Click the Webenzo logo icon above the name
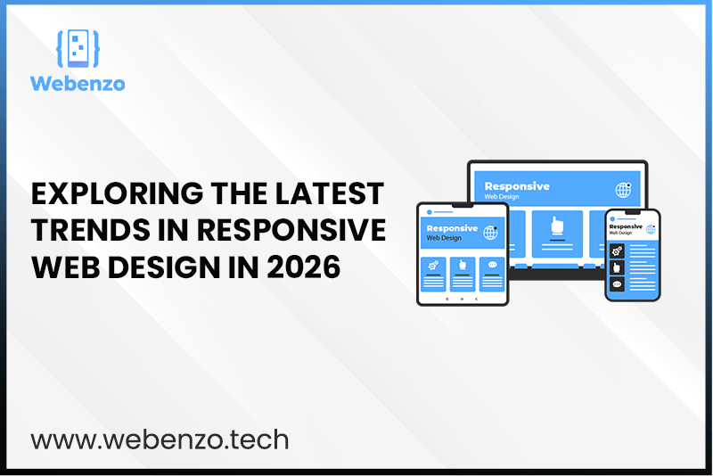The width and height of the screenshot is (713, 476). (77, 50)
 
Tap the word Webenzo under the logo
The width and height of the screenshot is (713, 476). (77, 84)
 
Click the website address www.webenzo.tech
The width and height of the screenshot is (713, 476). (160, 439)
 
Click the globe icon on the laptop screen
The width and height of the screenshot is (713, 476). (623, 190)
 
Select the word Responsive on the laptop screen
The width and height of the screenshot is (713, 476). (517, 186)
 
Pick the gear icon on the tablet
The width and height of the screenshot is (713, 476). (434, 267)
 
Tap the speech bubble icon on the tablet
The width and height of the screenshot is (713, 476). (490, 267)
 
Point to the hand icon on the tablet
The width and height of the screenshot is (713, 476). (462, 267)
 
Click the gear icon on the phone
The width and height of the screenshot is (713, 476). (616, 250)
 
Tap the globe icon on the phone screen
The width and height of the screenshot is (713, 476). (647, 229)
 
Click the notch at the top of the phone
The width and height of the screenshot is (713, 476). (632, 213)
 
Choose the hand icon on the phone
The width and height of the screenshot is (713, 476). (616, 268)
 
